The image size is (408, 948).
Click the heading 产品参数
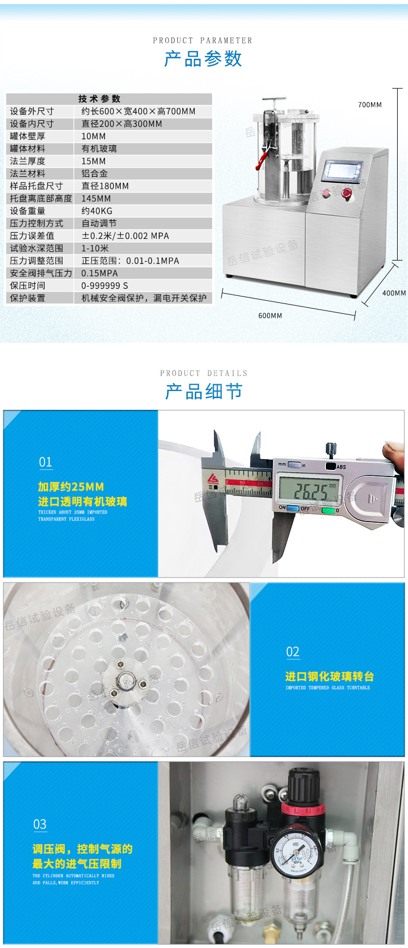[203, 59]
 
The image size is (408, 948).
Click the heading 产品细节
[203, 392]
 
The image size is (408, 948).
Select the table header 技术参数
[99, 99]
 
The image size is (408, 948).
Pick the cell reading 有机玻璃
[99, 148]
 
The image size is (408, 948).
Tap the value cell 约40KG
[97, 211]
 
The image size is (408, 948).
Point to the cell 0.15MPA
[100, 274]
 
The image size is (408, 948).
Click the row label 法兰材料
[28, 174]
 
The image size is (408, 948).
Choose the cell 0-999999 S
[105, 286]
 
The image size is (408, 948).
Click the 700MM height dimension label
[370, 105]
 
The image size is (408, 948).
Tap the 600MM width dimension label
[270, 316]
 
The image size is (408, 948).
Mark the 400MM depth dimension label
[393, 293]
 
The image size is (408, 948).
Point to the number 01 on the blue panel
[46, 462]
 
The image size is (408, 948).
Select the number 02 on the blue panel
[293, 652]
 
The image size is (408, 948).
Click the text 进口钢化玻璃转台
[330, 677]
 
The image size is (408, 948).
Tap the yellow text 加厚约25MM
[71, 487]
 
